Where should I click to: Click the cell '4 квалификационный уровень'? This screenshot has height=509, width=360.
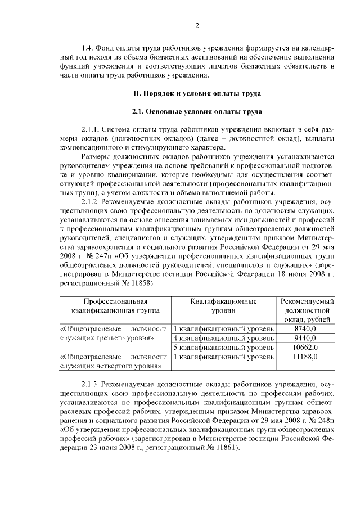[223, 338]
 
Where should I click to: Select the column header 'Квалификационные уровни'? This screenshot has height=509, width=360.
[223, 305]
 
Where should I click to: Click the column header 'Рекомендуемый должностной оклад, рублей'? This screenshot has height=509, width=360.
[307, 310]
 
